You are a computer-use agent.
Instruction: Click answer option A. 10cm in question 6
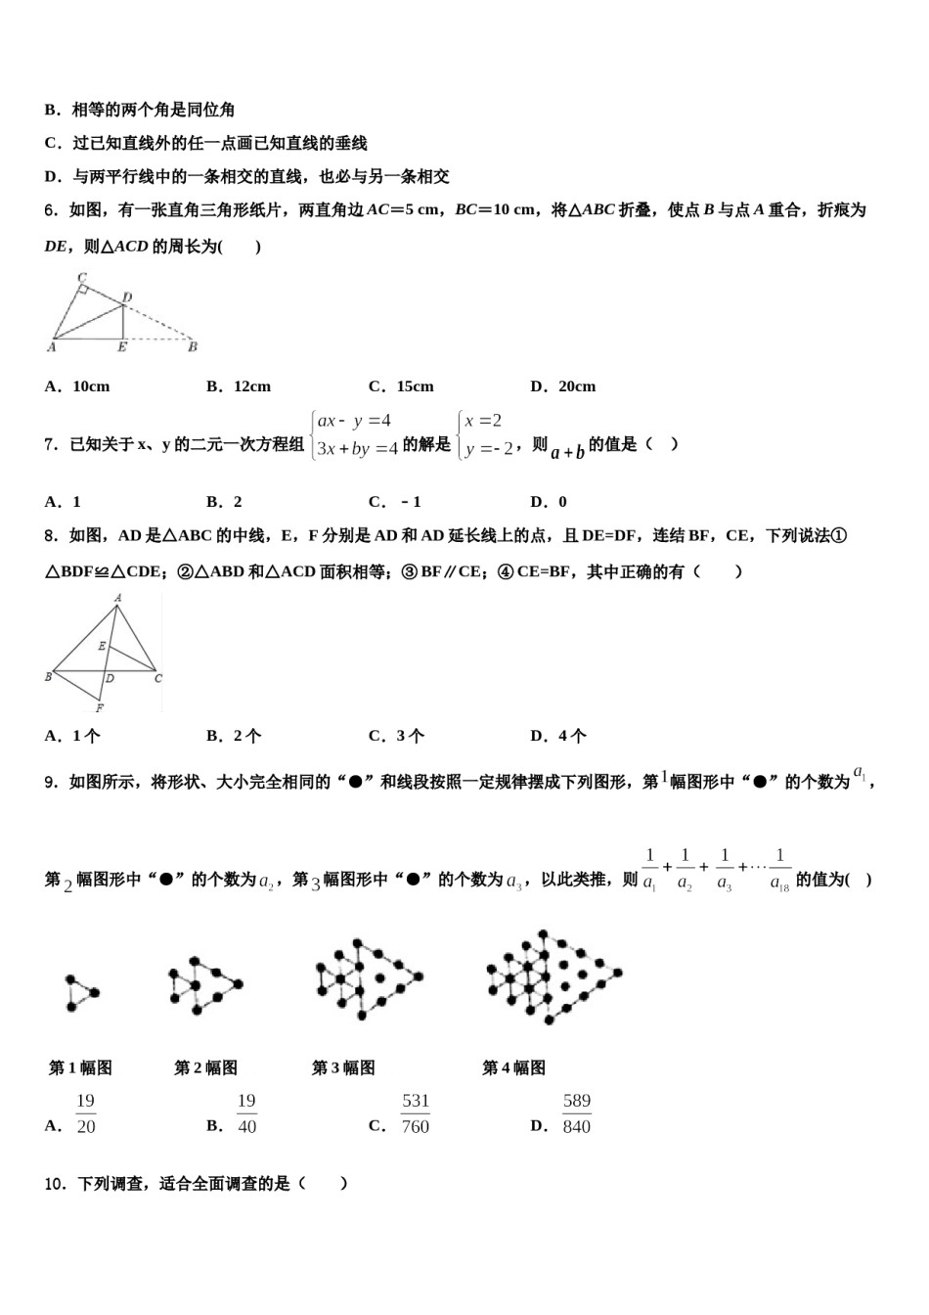click(x=77, y=386)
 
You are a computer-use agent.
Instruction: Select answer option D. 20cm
click(x=562, y=386)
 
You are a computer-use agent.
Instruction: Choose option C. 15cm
click(x=401, y=386)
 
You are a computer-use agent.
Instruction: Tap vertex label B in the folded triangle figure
click(x=193, y=346)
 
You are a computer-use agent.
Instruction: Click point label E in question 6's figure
click(x=121, y=346)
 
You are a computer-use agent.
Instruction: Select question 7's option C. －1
click(x=395, y=502)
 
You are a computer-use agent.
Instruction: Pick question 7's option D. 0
click(x=549, y=502)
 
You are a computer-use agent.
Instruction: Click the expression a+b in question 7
click(x=567, y=451)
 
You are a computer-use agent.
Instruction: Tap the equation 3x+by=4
click(x=358, y=449)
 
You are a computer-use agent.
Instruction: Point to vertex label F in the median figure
click(x=100, y=707)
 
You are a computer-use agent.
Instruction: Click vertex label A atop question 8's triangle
click(x=117, y=597)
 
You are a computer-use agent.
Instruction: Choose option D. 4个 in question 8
click(x=558, y=736)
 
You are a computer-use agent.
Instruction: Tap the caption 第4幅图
click(x=513, y=1067)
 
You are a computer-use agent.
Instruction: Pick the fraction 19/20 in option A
click(x=86, y=1113)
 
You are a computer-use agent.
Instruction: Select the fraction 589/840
click(x=577, y=1113)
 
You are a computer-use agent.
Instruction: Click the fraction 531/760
click(x=416, y=1113)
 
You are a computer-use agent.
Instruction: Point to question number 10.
click(x=57, y=1184)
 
